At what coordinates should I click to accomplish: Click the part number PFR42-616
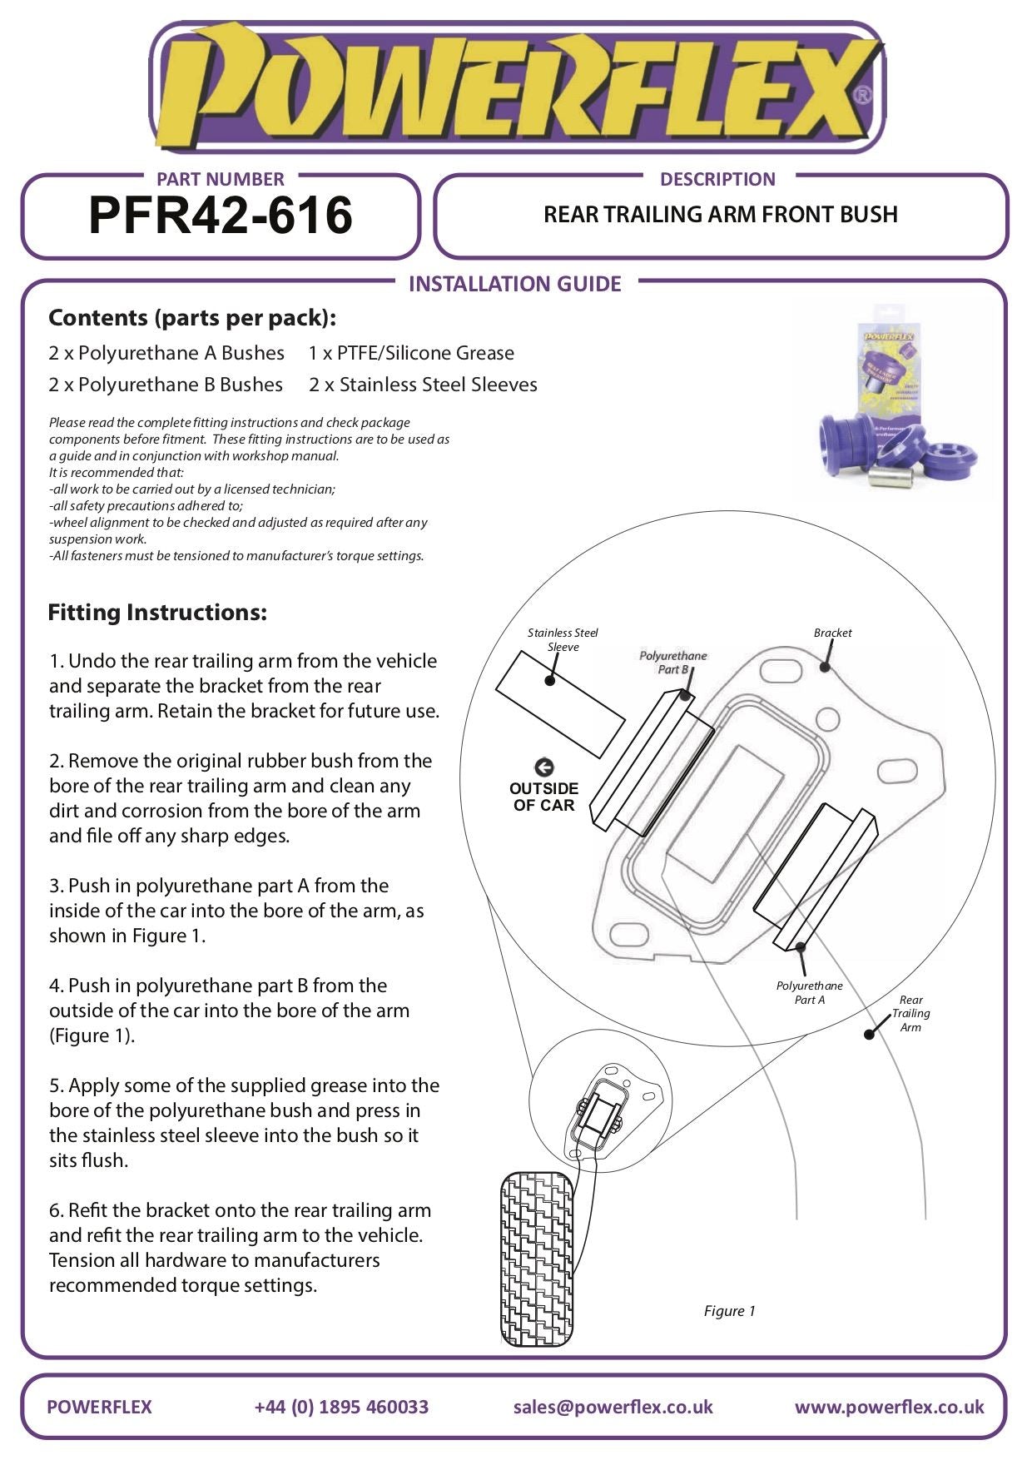[221, 216]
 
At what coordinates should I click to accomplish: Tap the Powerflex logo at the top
[516, 87]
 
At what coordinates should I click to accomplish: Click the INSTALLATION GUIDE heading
[514, 284]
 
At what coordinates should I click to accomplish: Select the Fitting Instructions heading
[157, 613]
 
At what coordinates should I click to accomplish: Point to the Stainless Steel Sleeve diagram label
[563, 639]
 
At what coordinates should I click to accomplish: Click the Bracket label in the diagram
[832, 633]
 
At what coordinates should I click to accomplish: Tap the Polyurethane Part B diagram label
[672, 663]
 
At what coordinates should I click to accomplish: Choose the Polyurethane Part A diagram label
[809, 992]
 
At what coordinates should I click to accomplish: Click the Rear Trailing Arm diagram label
[910, 1013]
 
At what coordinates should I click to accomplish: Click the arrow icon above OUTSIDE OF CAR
[543, 767]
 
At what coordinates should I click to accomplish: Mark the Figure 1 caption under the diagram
[729, 1311]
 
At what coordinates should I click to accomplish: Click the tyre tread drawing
[538, 1258]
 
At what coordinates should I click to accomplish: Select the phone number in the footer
[341, 1407]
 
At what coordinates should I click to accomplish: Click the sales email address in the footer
[613, 1407]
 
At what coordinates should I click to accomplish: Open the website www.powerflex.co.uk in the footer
[889, 1407]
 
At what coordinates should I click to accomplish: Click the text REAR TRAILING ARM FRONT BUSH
[720, 215]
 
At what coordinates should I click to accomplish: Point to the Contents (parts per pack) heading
[192, 318]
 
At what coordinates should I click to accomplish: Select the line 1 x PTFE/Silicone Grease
[411, 353]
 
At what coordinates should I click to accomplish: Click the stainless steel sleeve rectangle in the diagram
[560, 704]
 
